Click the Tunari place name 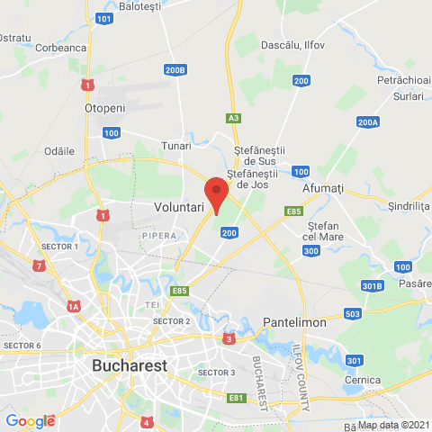coord(175,145)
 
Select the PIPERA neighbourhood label coord(158,236)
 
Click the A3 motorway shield coord(234,118)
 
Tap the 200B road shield coord(175,69)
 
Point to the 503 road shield coord(352,314)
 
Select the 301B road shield coord(372,286)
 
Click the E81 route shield coord(237,397)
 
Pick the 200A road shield coord(368,122)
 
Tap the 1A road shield coord(74,306)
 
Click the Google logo coord(30,420)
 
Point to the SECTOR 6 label coord(22,346)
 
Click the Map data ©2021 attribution coord(394,425)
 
